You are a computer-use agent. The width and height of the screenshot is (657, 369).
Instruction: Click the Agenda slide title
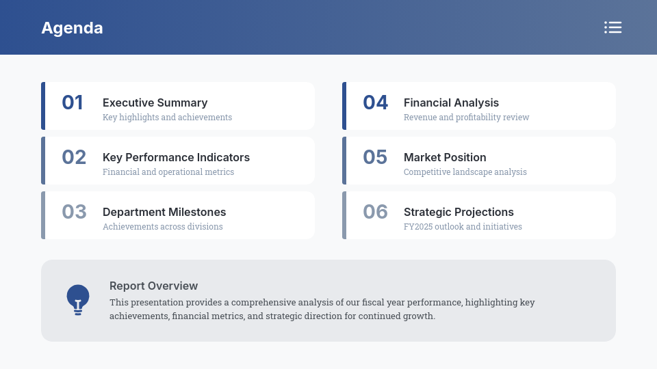click(x=72, y=28)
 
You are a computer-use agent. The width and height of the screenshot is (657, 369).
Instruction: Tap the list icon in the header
click(x=613, y=27)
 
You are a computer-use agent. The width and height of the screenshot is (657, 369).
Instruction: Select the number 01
click(x=73, y=102)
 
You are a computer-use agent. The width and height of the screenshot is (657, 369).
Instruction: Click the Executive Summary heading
click(x=155, y=102)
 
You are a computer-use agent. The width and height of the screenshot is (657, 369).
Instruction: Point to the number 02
click(x=74, y=157)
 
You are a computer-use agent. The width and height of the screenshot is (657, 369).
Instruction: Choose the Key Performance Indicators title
click(x=176, y=157)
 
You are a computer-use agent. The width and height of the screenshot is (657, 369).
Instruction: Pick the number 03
click(x=74, y=212)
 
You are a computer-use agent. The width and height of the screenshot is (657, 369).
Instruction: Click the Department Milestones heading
click(x=164, y=212)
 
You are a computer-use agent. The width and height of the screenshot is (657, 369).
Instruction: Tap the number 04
click(x=376, y=102)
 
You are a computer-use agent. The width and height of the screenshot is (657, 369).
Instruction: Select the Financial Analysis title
click(x=451, y=102)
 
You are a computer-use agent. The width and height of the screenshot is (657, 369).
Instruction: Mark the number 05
click(x=375, y=157)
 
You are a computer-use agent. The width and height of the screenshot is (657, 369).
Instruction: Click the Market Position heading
click(x=445, y=157)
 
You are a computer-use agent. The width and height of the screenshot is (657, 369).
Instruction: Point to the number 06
click(x=376, y=212)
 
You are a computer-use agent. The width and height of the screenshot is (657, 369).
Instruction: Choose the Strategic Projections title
click(x=459, y=212)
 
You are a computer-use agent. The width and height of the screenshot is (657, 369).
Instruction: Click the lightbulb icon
click(x=78, y=299)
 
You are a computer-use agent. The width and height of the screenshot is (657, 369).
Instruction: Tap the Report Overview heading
click(x=153, y=286)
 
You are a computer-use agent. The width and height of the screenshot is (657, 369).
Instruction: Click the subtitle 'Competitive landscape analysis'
click(x=465, y=172)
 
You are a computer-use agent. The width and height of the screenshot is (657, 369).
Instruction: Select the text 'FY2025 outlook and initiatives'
click(x=463, y=227)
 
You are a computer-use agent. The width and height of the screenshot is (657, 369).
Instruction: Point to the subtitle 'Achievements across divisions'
click(x=163, y=227)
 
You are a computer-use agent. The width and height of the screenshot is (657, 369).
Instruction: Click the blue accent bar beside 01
click(x=43, y=106)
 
